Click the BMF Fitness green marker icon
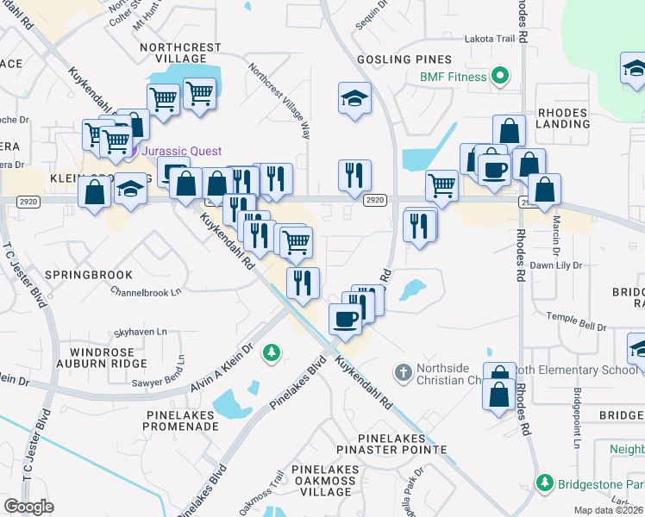[498, 77]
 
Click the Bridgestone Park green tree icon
[544, 483]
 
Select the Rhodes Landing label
[562, 118]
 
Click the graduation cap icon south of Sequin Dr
[354, 99]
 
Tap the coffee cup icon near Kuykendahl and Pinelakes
[346, 320]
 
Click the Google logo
[28, 507]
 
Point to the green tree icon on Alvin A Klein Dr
[272, 352]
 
